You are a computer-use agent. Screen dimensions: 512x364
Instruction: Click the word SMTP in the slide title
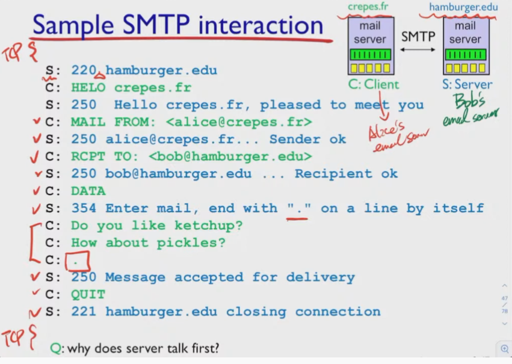tap(156, 25)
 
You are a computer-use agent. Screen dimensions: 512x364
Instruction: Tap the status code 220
tap(84, 70)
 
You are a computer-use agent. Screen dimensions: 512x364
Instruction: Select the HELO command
tap(88, 87)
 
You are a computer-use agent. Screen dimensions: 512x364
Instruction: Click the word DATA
tap(88, 191)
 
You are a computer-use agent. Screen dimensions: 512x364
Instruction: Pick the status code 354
tap(84, 208)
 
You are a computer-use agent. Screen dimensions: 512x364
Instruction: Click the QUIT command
tap(88, 294)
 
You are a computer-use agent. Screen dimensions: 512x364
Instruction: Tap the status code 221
tap(84, 312)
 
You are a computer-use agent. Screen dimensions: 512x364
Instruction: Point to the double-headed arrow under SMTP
tap(418, 49)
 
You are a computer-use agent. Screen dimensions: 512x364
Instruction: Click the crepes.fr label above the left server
tap(368, 7)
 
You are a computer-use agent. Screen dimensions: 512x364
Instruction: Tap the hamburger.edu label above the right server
tap(463, 7)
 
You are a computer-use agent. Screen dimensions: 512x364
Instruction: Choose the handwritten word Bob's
tap(469, 102)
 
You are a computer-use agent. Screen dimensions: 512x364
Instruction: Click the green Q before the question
tap(55, 349)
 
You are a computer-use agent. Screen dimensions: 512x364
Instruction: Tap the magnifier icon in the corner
tap(505, 349)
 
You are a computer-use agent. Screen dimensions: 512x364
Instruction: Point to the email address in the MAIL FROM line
tap(239, 122)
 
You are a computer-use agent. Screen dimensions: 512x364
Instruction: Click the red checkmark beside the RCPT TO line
tap(34, 156)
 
